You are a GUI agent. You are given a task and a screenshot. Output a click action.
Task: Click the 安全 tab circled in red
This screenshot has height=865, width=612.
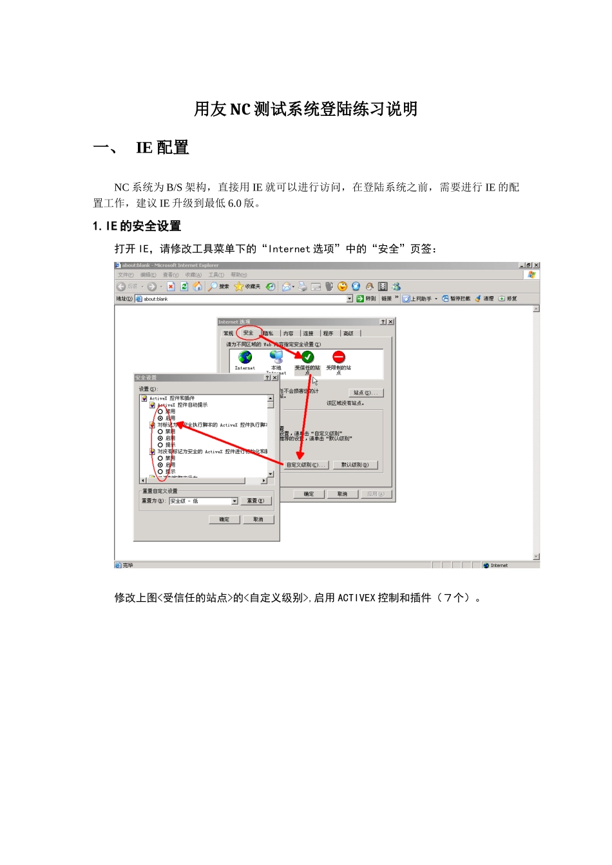coord(248,333)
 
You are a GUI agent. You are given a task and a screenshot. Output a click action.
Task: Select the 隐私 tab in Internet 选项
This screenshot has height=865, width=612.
coord(268,333)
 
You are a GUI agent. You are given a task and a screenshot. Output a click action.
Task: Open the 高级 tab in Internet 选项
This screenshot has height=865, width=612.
coord(349,333)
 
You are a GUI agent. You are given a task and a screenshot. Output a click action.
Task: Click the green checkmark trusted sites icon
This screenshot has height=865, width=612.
coord(307,357)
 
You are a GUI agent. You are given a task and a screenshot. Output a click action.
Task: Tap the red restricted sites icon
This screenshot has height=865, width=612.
coord(339,357)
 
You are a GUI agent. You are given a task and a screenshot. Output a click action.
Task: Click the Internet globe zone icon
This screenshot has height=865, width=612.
coord(245,357)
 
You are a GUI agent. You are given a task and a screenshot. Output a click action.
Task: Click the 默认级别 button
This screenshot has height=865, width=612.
coord(355,465)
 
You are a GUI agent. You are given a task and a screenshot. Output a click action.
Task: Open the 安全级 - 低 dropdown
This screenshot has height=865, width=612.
coord(234,501)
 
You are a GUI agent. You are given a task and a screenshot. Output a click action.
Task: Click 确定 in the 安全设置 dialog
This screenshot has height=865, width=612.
coord(224,519)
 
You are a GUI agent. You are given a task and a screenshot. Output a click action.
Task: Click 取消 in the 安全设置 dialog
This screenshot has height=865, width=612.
coord(258,519)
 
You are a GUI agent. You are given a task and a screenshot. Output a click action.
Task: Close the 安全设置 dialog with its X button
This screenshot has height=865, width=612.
coord(275,378)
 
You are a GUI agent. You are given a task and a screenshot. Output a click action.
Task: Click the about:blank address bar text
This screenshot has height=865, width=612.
coord(156,299)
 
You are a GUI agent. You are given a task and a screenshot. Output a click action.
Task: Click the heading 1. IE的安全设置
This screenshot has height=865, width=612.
coord(137,226)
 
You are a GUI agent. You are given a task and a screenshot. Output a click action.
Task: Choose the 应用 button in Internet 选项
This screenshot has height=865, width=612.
coord(375,494)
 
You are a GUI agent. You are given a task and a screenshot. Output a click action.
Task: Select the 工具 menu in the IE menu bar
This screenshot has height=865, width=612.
coord(216,275)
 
